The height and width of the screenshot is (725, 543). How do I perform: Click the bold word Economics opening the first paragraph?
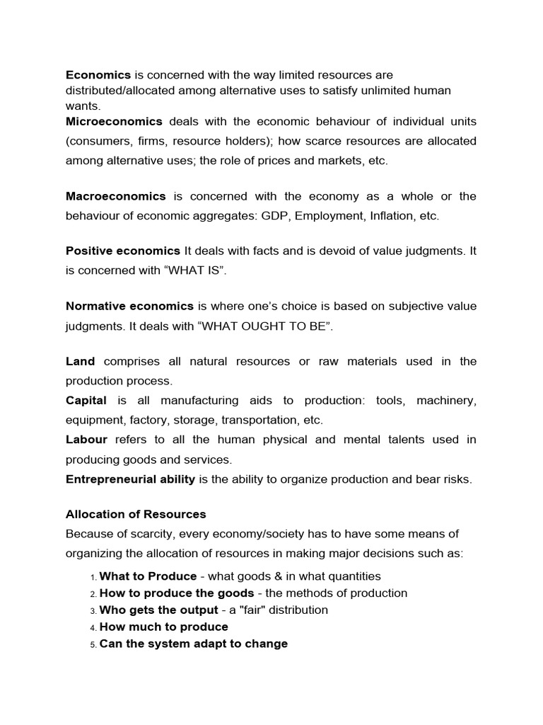click(x=98, y=74)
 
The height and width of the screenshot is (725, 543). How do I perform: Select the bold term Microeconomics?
click(x=114, y=121)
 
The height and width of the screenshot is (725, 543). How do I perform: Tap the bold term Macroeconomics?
click(x=115, y=196)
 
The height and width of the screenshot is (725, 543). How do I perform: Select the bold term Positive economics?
click(x=123, y=250)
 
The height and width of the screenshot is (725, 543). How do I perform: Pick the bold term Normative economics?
click(x=129, y=306)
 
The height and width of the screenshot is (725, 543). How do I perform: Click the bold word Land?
click(x=80, y=361)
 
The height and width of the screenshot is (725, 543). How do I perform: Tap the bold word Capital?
click(x=86, y=401)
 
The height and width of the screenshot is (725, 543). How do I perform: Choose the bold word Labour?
click(x=86, y=440)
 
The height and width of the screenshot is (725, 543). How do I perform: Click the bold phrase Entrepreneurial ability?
click(x=130, y=479)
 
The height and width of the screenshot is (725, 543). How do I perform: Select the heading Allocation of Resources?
click(x=136, y=514)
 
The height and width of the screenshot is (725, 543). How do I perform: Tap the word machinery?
click(x=446, y=401)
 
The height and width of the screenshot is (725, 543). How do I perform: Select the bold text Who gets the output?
click(x=158, y=610)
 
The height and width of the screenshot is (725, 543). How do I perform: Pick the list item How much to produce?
click(x=164, y=627)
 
